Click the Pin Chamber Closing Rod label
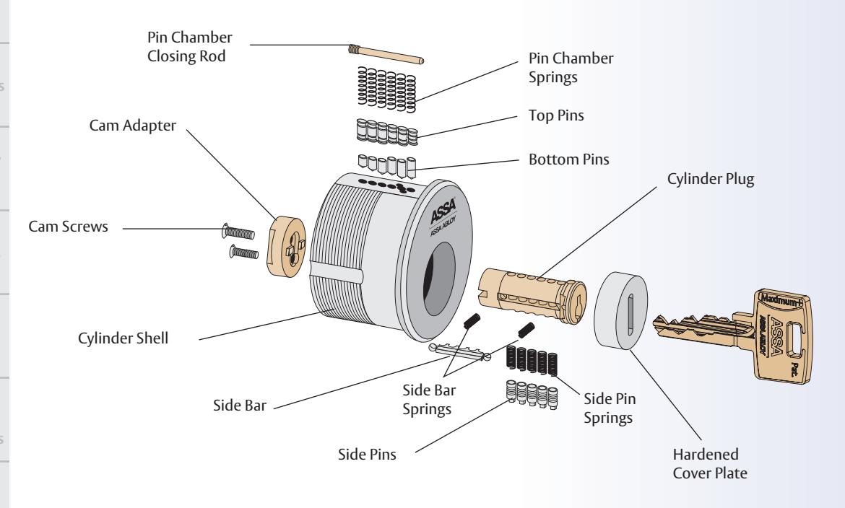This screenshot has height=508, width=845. tap(190, 46)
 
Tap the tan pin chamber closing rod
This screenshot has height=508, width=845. tap(386, 54)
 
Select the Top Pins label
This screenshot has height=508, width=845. tap(556, 115)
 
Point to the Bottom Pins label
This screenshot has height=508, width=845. tap(568, 159)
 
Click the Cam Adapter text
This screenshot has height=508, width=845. tap(133, 126)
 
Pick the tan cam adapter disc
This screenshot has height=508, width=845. tap(286, 246)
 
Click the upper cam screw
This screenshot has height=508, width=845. tap(238, 232)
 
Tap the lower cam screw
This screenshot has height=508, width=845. tap(243, 252)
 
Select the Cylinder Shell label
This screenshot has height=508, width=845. tap(123, 338)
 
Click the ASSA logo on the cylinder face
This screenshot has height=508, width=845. tap(443, 211)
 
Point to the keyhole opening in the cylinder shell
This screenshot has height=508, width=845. tap(438, 279)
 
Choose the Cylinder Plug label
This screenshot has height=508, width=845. tap(710, 179)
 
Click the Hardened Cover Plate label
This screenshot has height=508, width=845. tap(710, 464)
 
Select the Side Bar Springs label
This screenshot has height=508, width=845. tap(429, 400)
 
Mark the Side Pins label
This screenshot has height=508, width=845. tap(367, 454)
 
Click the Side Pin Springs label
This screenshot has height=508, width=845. tap(610, 408)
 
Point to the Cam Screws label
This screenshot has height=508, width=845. tap(69, 227)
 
